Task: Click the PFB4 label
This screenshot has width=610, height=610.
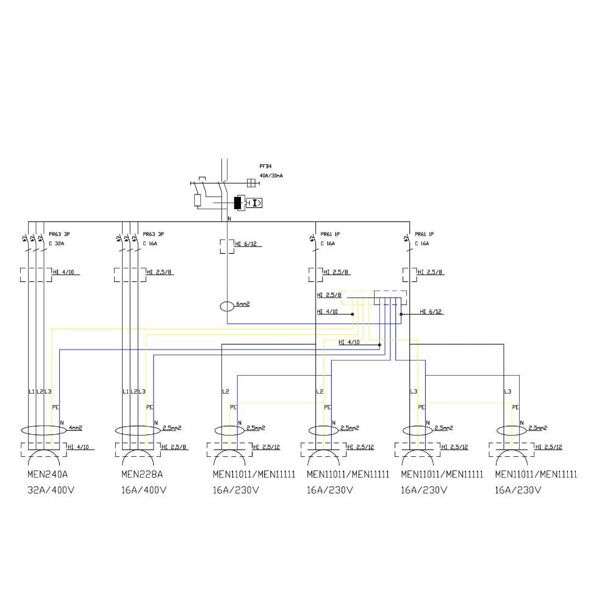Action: [x=265, y=165]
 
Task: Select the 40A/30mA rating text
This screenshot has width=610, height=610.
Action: [x=271, y=175]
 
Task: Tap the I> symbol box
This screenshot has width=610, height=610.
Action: [x=256, y=203]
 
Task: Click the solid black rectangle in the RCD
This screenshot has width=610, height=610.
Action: [x=238, y=203]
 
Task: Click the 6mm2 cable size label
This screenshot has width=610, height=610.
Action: [x=243, y=304]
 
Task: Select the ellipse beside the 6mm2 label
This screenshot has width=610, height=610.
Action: [x=227, y=305]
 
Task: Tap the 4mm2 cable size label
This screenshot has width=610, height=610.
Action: [x=75, y=428]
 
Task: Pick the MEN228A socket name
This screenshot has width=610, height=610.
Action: [x=142, y=474]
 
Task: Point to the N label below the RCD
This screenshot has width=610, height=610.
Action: [x=229, y=218]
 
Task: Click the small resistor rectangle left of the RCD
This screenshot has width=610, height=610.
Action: [x=198, y=200]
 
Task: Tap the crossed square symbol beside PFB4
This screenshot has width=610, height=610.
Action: [x=249, y=182]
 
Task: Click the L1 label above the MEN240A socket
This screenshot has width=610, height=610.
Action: [x=31, y=391]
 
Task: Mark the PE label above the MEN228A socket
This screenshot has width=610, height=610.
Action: [x=149, y=407]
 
